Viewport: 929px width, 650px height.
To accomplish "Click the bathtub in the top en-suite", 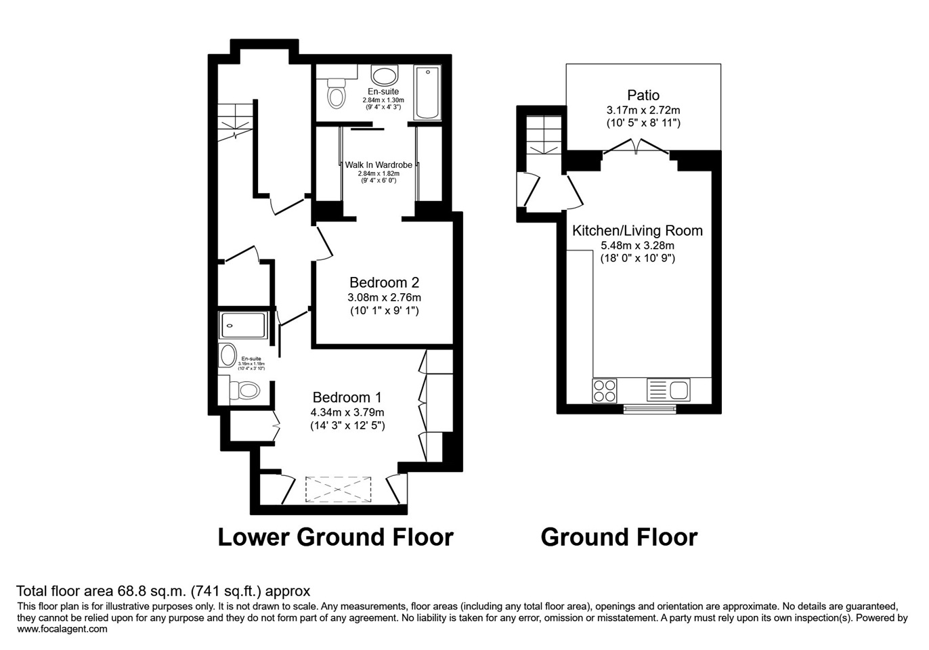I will (x=427, y=93).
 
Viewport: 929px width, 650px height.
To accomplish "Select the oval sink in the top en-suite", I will (x=385, y=76).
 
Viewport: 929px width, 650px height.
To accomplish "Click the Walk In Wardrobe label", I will (x=379, y=165).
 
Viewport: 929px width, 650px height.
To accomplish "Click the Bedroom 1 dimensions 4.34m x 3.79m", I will (x=347, y=412).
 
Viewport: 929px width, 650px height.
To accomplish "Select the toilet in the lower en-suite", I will (x=245, y=391).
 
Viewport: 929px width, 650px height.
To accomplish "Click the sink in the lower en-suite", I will (x=228, y=355).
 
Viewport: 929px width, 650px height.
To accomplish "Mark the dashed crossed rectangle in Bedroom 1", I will (x=339, y=490).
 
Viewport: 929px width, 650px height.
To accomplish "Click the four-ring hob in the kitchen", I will (x=605, y=390).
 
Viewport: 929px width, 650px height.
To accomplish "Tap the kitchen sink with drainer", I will (x=668, y=390).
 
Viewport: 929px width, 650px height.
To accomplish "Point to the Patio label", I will (x=643, y=95).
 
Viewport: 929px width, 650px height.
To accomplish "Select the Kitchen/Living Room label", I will (x=637, y=231).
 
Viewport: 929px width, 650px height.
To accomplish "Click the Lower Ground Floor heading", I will (x=335, y=537).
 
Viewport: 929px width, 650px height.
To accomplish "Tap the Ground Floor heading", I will (x=619, y=537).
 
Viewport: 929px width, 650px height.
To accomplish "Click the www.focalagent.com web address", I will (x=62, y=629).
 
